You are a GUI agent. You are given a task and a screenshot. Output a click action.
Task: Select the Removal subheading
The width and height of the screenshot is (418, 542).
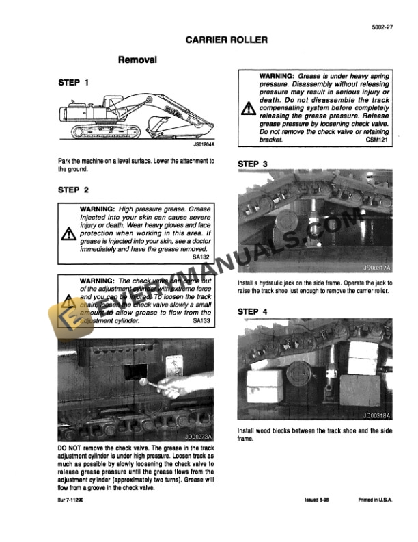(138, 60)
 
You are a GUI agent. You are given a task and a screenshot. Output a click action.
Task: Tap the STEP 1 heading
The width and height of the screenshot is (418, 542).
(74, 83)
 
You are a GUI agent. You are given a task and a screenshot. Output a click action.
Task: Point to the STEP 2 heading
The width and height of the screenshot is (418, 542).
(74, 190)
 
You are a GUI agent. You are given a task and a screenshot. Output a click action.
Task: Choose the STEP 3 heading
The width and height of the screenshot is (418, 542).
(253, 164)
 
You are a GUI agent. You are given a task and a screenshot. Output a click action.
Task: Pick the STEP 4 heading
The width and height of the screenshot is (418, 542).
(253, 311)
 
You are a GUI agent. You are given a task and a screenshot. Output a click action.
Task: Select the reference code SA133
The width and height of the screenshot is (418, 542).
(201, 320)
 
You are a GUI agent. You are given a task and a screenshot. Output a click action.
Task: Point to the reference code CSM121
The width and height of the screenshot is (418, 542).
(379, 138)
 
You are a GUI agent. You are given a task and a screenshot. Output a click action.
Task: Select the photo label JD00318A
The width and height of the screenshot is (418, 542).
(376, 415)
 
